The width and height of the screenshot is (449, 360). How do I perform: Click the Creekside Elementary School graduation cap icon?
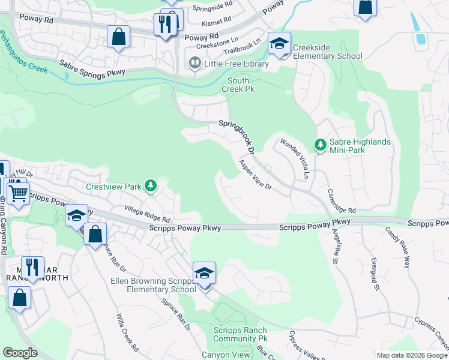tap(279, 43)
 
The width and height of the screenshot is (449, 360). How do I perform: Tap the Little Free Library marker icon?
tap(194, 62)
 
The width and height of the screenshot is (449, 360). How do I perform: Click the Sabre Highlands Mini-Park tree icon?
tap(321, 145)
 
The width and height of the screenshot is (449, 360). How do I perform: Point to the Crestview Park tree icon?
tap(151, 186)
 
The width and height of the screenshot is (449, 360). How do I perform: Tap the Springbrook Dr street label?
tap(237, 136)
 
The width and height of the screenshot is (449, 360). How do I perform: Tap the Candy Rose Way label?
tap(397, 247)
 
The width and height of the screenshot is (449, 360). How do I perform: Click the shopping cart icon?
tap(19, 193)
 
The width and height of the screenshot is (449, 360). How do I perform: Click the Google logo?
tap(20, 353)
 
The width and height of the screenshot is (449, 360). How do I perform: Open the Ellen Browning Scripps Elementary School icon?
tap(204, 274)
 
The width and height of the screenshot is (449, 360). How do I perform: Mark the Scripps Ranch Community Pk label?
tap(241, 335)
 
